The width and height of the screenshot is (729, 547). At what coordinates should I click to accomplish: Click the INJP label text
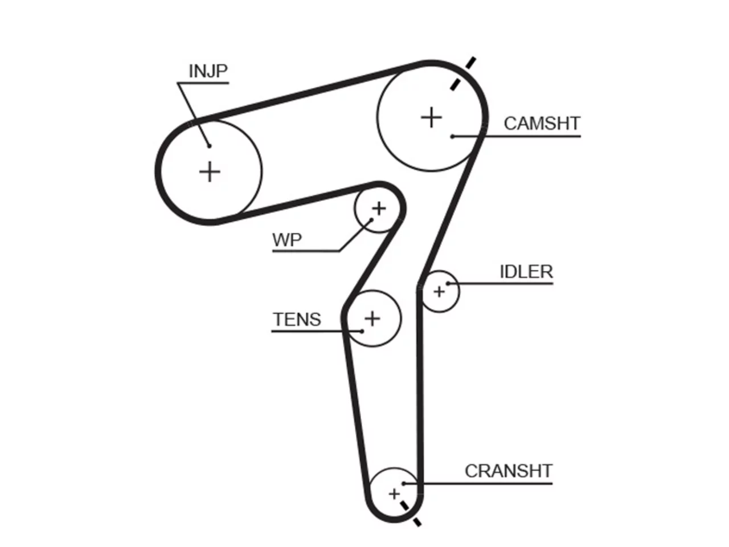(x=208, y=71)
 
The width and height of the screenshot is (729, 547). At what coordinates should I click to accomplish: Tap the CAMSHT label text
(x=542, y=124)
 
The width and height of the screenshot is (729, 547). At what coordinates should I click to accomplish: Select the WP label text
(x=287, y=240)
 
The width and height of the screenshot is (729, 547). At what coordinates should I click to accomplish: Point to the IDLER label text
(x=526, y=272)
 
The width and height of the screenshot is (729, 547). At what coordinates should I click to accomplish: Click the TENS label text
(x=297, y=320)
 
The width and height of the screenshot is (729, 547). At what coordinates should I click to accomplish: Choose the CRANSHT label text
(x=509, y=471)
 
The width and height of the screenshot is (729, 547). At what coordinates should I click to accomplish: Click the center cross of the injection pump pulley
(x=210, y=172)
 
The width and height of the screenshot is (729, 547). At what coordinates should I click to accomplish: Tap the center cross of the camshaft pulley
(x=431, y=117)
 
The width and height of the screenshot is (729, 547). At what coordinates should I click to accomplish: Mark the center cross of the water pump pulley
(x=379, y=209)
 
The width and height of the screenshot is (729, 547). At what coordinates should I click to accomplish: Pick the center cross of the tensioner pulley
(x=372, y=319)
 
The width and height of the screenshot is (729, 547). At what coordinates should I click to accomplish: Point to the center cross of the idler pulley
(x=439, y=292)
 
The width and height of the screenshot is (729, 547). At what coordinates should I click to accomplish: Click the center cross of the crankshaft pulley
(x=394, y=494)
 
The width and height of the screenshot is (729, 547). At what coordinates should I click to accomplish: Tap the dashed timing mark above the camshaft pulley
(x=463, y=74)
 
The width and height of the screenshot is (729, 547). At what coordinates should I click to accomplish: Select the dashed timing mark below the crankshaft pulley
(x=411, y=514)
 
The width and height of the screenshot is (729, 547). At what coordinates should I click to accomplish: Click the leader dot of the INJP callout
(x=209, y=146)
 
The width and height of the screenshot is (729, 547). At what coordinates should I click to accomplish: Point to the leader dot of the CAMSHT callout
(x=452, y=136)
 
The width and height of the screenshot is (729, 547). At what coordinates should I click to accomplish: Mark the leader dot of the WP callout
(x=372, y=219)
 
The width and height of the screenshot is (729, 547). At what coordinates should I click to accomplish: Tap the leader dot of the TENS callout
(x=362, y=331)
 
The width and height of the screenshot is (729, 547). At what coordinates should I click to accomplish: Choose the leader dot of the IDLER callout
(x=448, y=283)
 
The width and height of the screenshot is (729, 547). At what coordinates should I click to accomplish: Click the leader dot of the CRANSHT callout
(x=404, y=484)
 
